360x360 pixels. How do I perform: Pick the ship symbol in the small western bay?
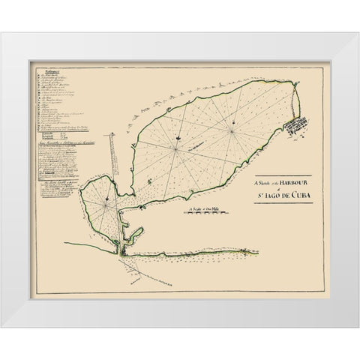(x=107, y=198)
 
